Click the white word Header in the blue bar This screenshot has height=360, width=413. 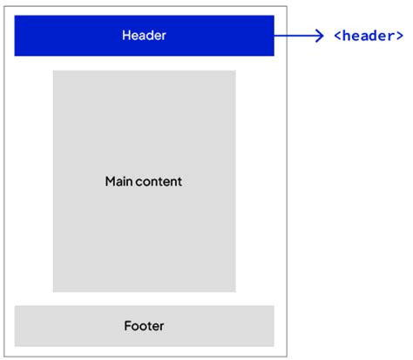(x=144, y=36)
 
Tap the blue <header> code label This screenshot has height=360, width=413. (x=368, y=36)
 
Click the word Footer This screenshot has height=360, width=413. (x=144, y=326)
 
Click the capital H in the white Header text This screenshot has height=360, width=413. (x=126, y=36)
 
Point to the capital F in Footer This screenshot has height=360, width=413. (x=127, y=326)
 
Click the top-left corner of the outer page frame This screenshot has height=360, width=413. (x=3, y=3)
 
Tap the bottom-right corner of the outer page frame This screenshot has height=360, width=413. (x=286, y=357)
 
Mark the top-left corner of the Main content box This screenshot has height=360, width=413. (x=53, y=71)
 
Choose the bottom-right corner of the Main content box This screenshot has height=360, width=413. (x=235, y=292)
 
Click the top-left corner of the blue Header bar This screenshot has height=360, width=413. (x=15, y=15)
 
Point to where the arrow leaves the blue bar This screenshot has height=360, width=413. (x=275, y=36)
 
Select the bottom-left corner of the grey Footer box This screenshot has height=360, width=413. (x=15, y=346)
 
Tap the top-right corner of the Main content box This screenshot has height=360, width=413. (x=235, y=71)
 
